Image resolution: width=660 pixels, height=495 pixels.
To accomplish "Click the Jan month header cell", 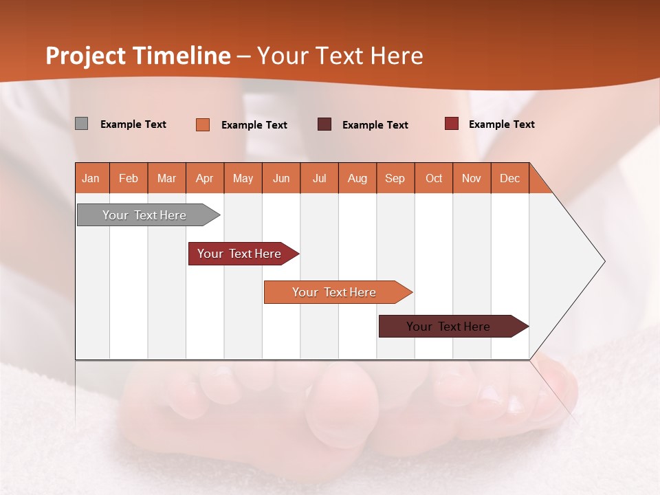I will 91,178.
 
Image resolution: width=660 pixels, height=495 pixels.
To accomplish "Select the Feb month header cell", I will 129,178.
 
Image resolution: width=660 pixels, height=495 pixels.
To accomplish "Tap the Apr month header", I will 205,178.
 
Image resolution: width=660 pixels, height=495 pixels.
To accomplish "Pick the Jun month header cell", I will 281,178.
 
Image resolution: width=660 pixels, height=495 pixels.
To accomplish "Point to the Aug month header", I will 357,178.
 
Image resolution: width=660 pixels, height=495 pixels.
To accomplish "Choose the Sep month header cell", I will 395,178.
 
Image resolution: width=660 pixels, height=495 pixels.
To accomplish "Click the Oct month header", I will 434,178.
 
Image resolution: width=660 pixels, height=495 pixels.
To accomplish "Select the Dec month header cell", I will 510,178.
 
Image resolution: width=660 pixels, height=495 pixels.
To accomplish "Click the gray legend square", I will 81,124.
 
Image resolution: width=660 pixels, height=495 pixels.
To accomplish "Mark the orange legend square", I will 203,124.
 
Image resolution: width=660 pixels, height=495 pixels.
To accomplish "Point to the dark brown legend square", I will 324,124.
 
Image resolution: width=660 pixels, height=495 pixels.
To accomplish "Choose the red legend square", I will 451,124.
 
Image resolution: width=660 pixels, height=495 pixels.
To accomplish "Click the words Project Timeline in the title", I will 138,56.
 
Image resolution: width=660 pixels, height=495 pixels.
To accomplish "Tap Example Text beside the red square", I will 501,124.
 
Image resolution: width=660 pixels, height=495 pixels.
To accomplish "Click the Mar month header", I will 167,178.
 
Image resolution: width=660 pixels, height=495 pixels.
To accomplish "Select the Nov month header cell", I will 472,178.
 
